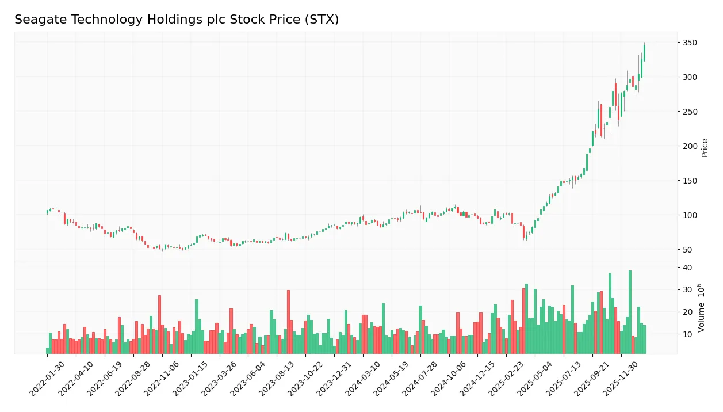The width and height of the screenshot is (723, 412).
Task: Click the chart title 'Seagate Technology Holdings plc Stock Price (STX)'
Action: point(177,20)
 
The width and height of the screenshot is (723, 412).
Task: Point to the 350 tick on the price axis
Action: point(690,43)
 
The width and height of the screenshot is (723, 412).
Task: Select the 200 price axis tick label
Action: point(690,146)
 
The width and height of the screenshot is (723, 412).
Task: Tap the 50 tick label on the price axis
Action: point(687,250)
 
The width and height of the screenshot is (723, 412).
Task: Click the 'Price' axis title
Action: point(705,148)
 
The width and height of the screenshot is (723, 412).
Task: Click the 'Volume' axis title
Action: point(702,308)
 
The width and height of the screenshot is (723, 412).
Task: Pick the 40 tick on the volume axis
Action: point(687,268)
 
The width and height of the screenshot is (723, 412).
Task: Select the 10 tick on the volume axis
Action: point(687,334)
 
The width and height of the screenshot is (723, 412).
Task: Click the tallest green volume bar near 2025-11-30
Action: point(630,312)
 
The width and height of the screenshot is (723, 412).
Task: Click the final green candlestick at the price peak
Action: point(644,52)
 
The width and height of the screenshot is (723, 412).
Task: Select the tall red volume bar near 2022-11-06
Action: point(159,325)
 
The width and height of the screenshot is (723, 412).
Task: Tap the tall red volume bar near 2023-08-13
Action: point(288,322)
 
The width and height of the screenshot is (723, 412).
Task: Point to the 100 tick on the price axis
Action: point(690,215)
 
